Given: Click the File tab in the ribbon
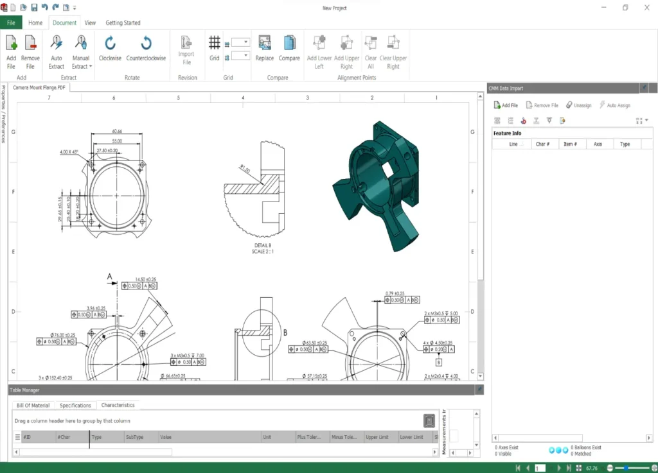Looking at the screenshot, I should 11,22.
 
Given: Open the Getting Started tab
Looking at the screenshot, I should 123,22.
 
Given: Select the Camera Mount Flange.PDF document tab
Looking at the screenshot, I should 39,87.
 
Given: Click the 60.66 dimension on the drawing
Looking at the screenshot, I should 117,132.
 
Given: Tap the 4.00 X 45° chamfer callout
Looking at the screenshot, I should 69,152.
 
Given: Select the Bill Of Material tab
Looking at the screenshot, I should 33,406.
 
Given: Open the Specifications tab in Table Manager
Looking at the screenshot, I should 75,406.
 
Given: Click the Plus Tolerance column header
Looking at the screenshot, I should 310,437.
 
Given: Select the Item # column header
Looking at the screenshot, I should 570,144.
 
